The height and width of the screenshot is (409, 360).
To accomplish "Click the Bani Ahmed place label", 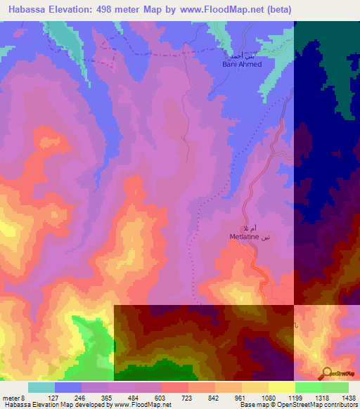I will [x=241, y=64].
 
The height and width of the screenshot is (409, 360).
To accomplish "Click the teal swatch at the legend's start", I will [x=41, y=387].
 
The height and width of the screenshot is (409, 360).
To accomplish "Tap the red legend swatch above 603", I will [x=175, y=387].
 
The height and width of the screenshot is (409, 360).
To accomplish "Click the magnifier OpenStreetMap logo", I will [x=327, y=373].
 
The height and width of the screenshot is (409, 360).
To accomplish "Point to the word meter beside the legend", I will [x=11, y=397].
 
